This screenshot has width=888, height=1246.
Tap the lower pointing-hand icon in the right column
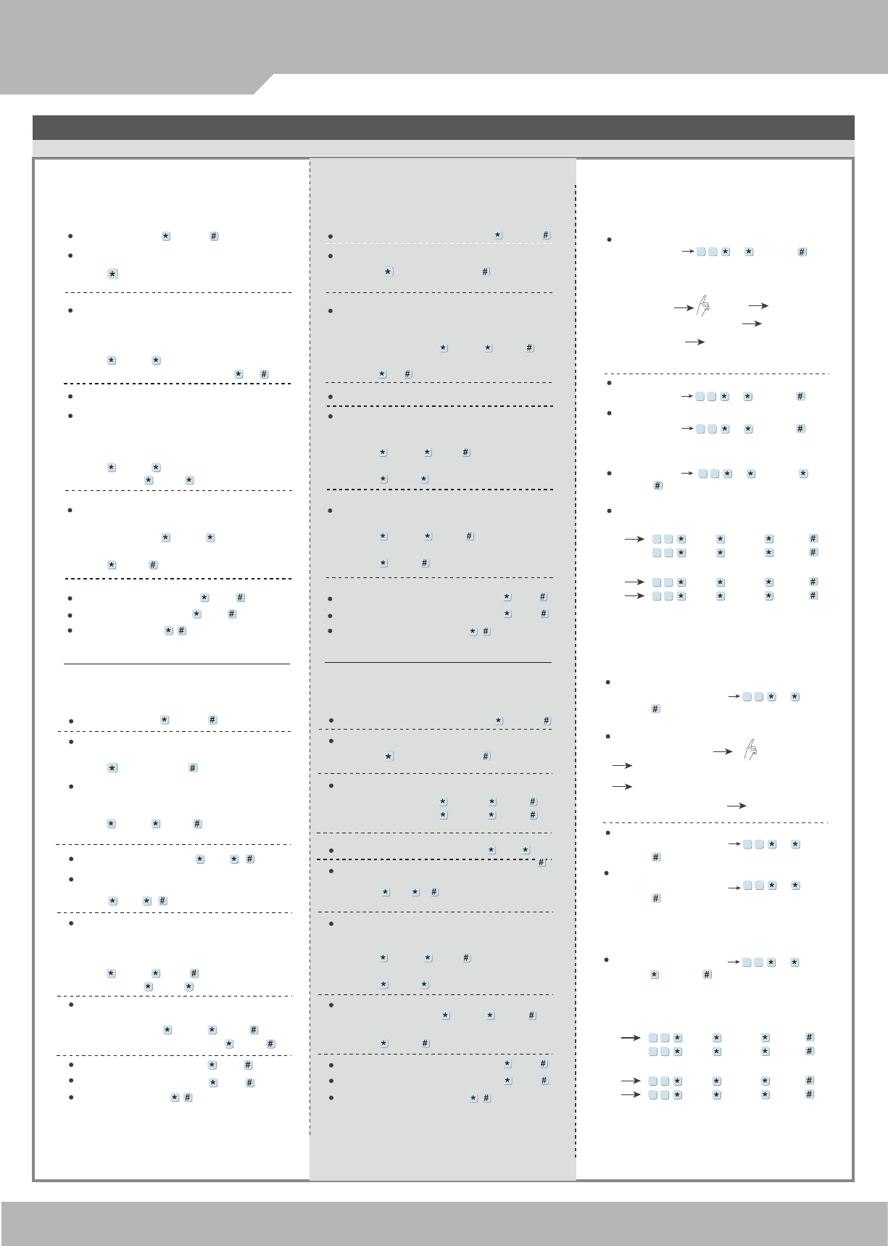pyautogui.click(x=750, y=750)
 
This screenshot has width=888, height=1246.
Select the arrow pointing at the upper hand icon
pyautogui.click(x=683, y=308)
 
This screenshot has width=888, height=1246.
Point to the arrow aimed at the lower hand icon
pyautogui.click(x=723, y=752)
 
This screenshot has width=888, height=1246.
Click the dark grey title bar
pyautogui.click(x=443, y=127)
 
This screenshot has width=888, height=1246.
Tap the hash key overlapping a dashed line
pyautogui.click(x=540, y=862)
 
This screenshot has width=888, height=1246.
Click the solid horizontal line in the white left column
pyautogui.click(x=177, y=663)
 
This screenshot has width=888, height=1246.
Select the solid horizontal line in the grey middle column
pyautogui.click(x=438, y=662)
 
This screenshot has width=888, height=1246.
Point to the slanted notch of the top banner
pyautogui.click(x=264, y=83)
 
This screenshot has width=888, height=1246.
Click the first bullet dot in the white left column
pyautogui.click(x=70, y=236)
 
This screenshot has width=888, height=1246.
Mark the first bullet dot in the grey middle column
pyautogui.click(x=330, y=236)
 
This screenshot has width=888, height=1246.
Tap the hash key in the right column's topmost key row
pyautogui.click(x=802, y=252)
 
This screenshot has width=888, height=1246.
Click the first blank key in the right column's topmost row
pyautogui.click(x=701, y=252)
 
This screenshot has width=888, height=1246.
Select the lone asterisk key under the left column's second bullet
pyautogui.click(x=112, y=274)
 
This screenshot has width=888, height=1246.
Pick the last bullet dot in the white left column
pyautogui.click(x=70, y=1097)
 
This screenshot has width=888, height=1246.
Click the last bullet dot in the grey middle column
pyautogui.click(x=331, y=1097)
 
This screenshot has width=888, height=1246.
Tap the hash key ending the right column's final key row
pyautogui.click(x=810, y=1094)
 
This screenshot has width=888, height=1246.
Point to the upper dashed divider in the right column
pyautogui.click(x=716, y=374)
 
